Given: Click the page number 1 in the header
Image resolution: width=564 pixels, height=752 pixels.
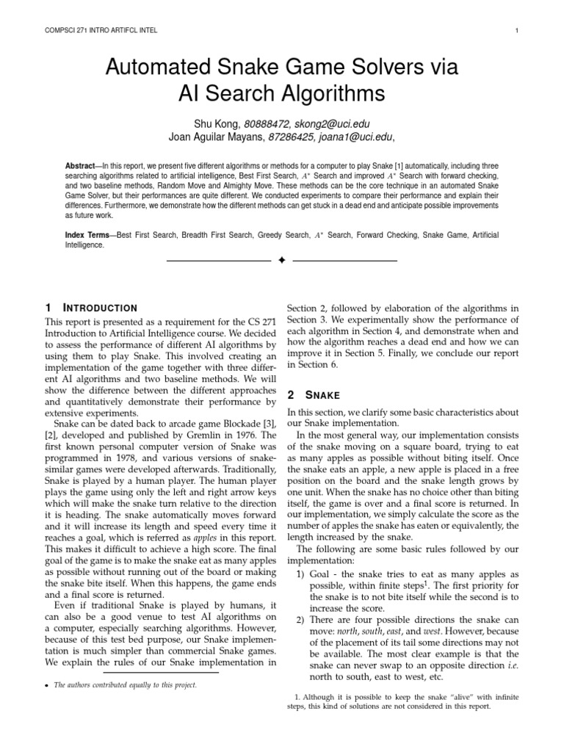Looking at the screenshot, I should click(518, 30).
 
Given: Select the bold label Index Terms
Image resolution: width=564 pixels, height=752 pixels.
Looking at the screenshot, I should click(88, 235).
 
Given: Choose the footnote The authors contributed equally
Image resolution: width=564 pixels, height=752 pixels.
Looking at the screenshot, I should click(125, 685).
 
